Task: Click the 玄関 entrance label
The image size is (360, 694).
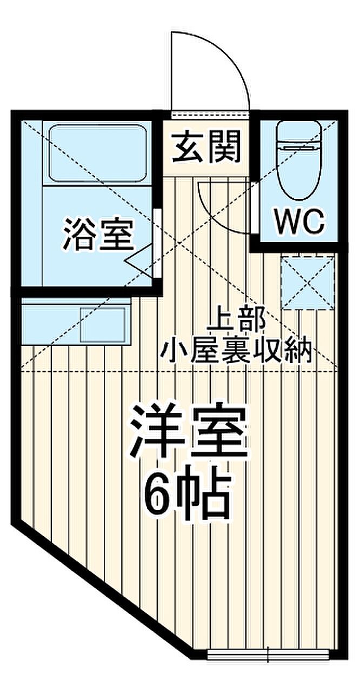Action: click(206, 147)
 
